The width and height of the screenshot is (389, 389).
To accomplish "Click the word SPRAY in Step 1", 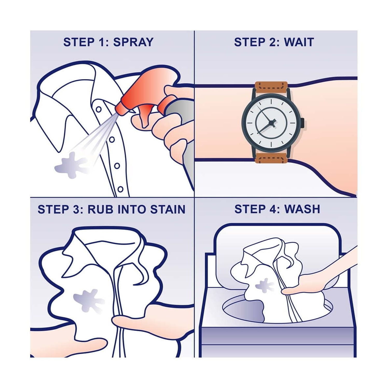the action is click(133, 42).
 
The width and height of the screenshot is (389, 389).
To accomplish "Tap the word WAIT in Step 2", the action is click(299, 42).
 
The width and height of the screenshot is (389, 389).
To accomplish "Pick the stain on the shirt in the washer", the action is click(264, 286).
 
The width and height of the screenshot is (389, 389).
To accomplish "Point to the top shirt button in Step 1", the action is click(99, 109).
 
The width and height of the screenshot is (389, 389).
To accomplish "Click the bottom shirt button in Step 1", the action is click(120, 189).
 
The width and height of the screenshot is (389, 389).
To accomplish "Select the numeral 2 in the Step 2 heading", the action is click(273, 42).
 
